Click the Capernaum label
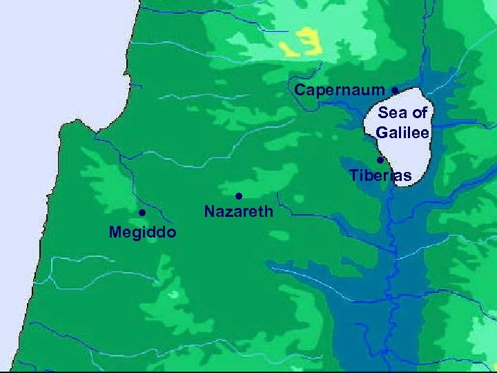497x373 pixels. (x=340, y=90)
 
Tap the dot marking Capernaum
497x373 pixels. (x=393, y=90)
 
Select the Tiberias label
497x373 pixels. (x=380, y=176)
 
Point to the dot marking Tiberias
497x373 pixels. (x=380, y=160)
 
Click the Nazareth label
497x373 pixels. (x=239, y=211)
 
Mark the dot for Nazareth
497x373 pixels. (x=237, y=195)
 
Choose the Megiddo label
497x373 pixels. (x=142, y=231)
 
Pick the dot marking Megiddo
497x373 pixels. (x=140, y=212)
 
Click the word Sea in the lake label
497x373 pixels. (x=391, y=113)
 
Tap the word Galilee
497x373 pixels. (x=403, y=132)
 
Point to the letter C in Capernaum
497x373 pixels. (x=300, y=90)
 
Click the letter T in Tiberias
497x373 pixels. (x=354, y=175)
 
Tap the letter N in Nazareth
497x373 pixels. (x=209, y=211)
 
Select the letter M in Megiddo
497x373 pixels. (x=115, y=231)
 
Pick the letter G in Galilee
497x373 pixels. (x=382, y=132)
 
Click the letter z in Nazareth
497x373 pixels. (x=228, y=212)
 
